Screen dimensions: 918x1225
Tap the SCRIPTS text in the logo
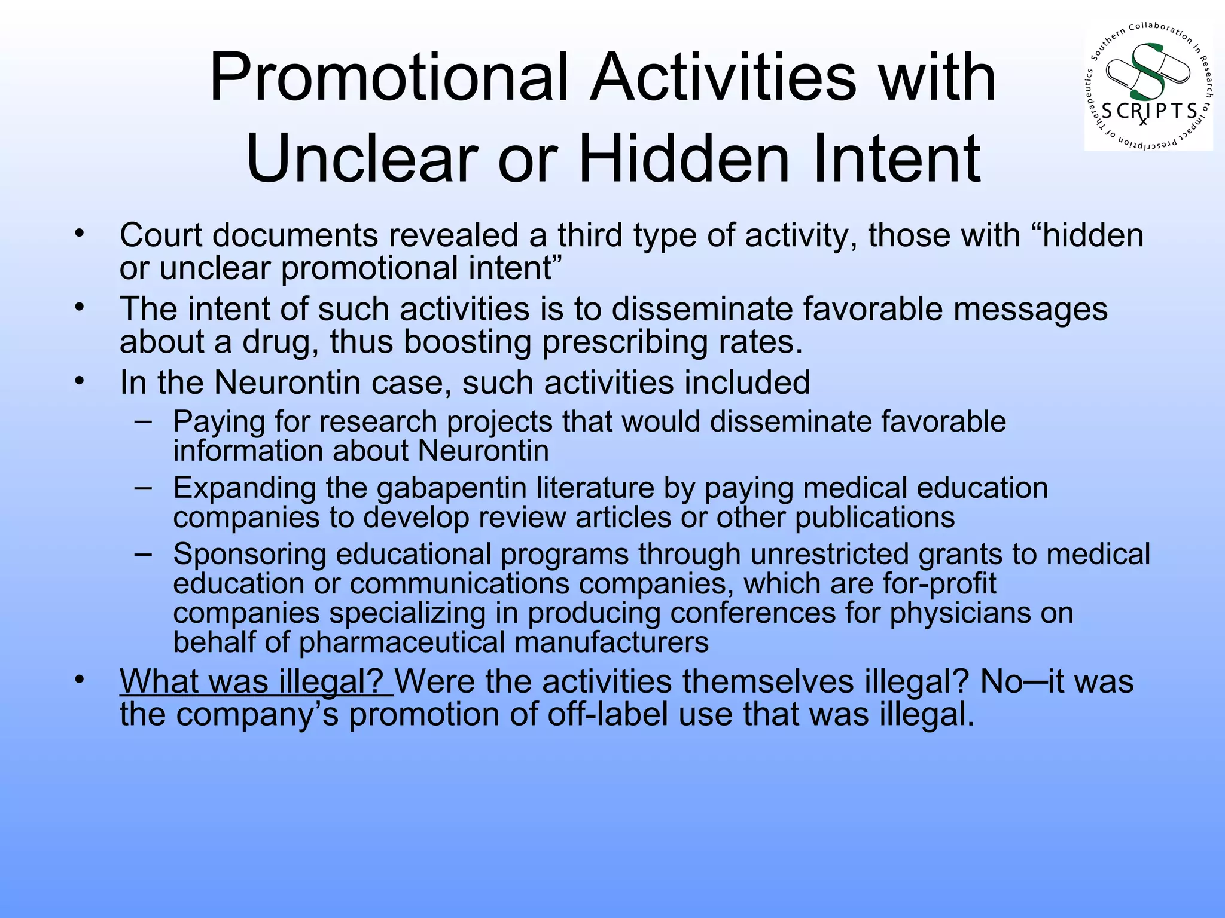1149,111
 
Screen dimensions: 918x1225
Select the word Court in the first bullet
161,235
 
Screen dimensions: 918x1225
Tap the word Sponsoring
249,554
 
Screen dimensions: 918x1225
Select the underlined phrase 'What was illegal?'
256,681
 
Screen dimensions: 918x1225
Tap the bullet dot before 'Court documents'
80,233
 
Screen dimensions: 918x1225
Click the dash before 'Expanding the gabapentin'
143,487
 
